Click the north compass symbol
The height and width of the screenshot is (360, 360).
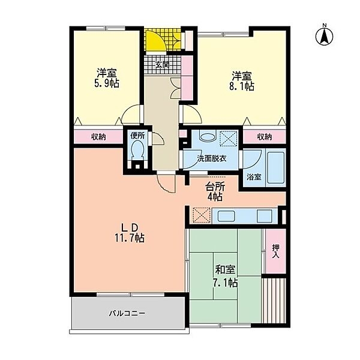point(324,35)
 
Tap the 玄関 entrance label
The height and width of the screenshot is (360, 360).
point(163,65)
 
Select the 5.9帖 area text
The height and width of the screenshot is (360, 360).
point(107,83)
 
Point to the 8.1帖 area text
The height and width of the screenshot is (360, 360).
point(242,86)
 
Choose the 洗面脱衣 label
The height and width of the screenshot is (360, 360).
point(212,158)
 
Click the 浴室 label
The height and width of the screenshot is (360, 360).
point(254,177)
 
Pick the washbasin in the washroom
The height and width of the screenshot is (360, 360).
point(208,136)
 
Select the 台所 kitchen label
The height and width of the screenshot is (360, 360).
point(215,187)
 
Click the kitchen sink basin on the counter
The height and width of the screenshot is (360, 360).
point(226,216)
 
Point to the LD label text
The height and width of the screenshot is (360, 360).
point(130,228)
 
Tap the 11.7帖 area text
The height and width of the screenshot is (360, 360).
point(130,238)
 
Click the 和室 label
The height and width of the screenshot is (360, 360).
point(225,270)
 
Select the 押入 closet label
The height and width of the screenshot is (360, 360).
point(275,251)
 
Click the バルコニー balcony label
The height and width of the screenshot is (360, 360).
point(127,313)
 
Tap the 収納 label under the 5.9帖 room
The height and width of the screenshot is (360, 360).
point(98,137)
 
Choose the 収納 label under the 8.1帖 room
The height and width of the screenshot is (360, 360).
point(265,137)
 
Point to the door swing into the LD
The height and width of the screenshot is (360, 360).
point(166,184)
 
